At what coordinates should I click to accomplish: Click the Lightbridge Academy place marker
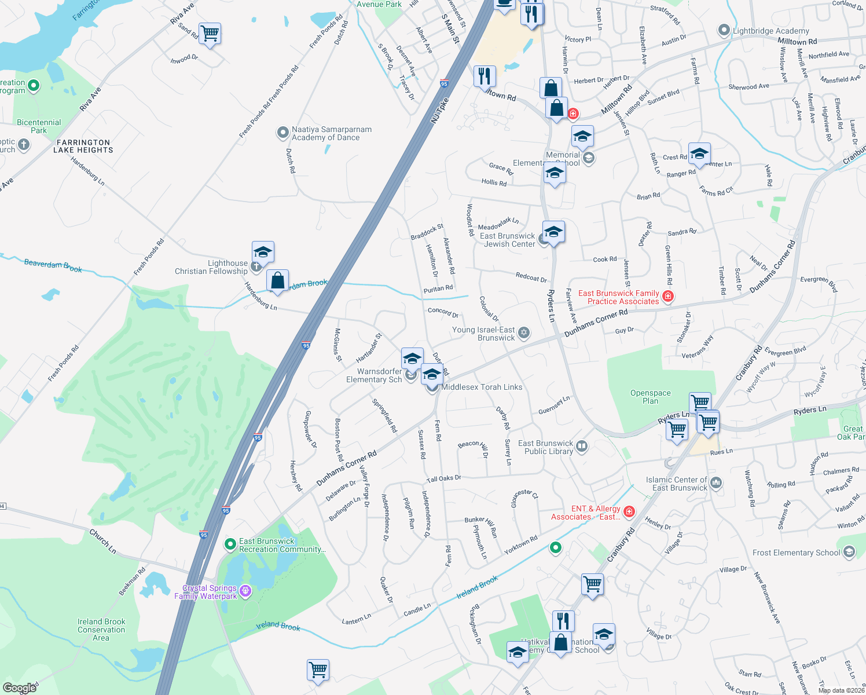[724, 30]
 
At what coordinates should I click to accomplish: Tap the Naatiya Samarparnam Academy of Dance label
[331, 133]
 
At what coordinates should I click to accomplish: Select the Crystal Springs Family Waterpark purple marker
[245, 591]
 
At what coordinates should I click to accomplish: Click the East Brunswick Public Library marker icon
[582, 446]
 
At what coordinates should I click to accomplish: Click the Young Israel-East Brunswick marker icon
[524, 332]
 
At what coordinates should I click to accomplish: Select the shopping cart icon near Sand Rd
[210, 34]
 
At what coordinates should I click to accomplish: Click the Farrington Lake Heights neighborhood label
[83, 146]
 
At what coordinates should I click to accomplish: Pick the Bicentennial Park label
[39, 126]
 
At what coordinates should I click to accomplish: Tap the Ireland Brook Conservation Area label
[101, 630]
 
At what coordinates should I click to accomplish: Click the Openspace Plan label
[650, 397]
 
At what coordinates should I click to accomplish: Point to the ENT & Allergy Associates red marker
[629, 511]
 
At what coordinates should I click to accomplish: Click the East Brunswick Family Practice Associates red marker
[668, 297]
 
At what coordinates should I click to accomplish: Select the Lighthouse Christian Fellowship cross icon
[256, 267]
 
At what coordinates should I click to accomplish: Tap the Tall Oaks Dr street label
[444, 478]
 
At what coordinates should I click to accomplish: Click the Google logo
[19, 688]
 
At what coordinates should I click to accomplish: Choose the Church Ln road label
[102, 541]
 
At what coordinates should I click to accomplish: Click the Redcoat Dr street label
[531, 277]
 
